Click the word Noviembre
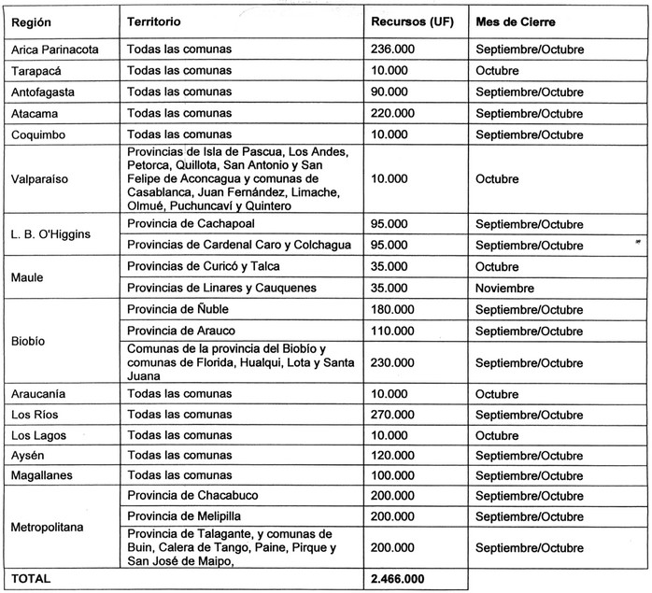click(x=504, y=288)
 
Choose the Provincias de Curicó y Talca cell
click(x=199, y=266)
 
